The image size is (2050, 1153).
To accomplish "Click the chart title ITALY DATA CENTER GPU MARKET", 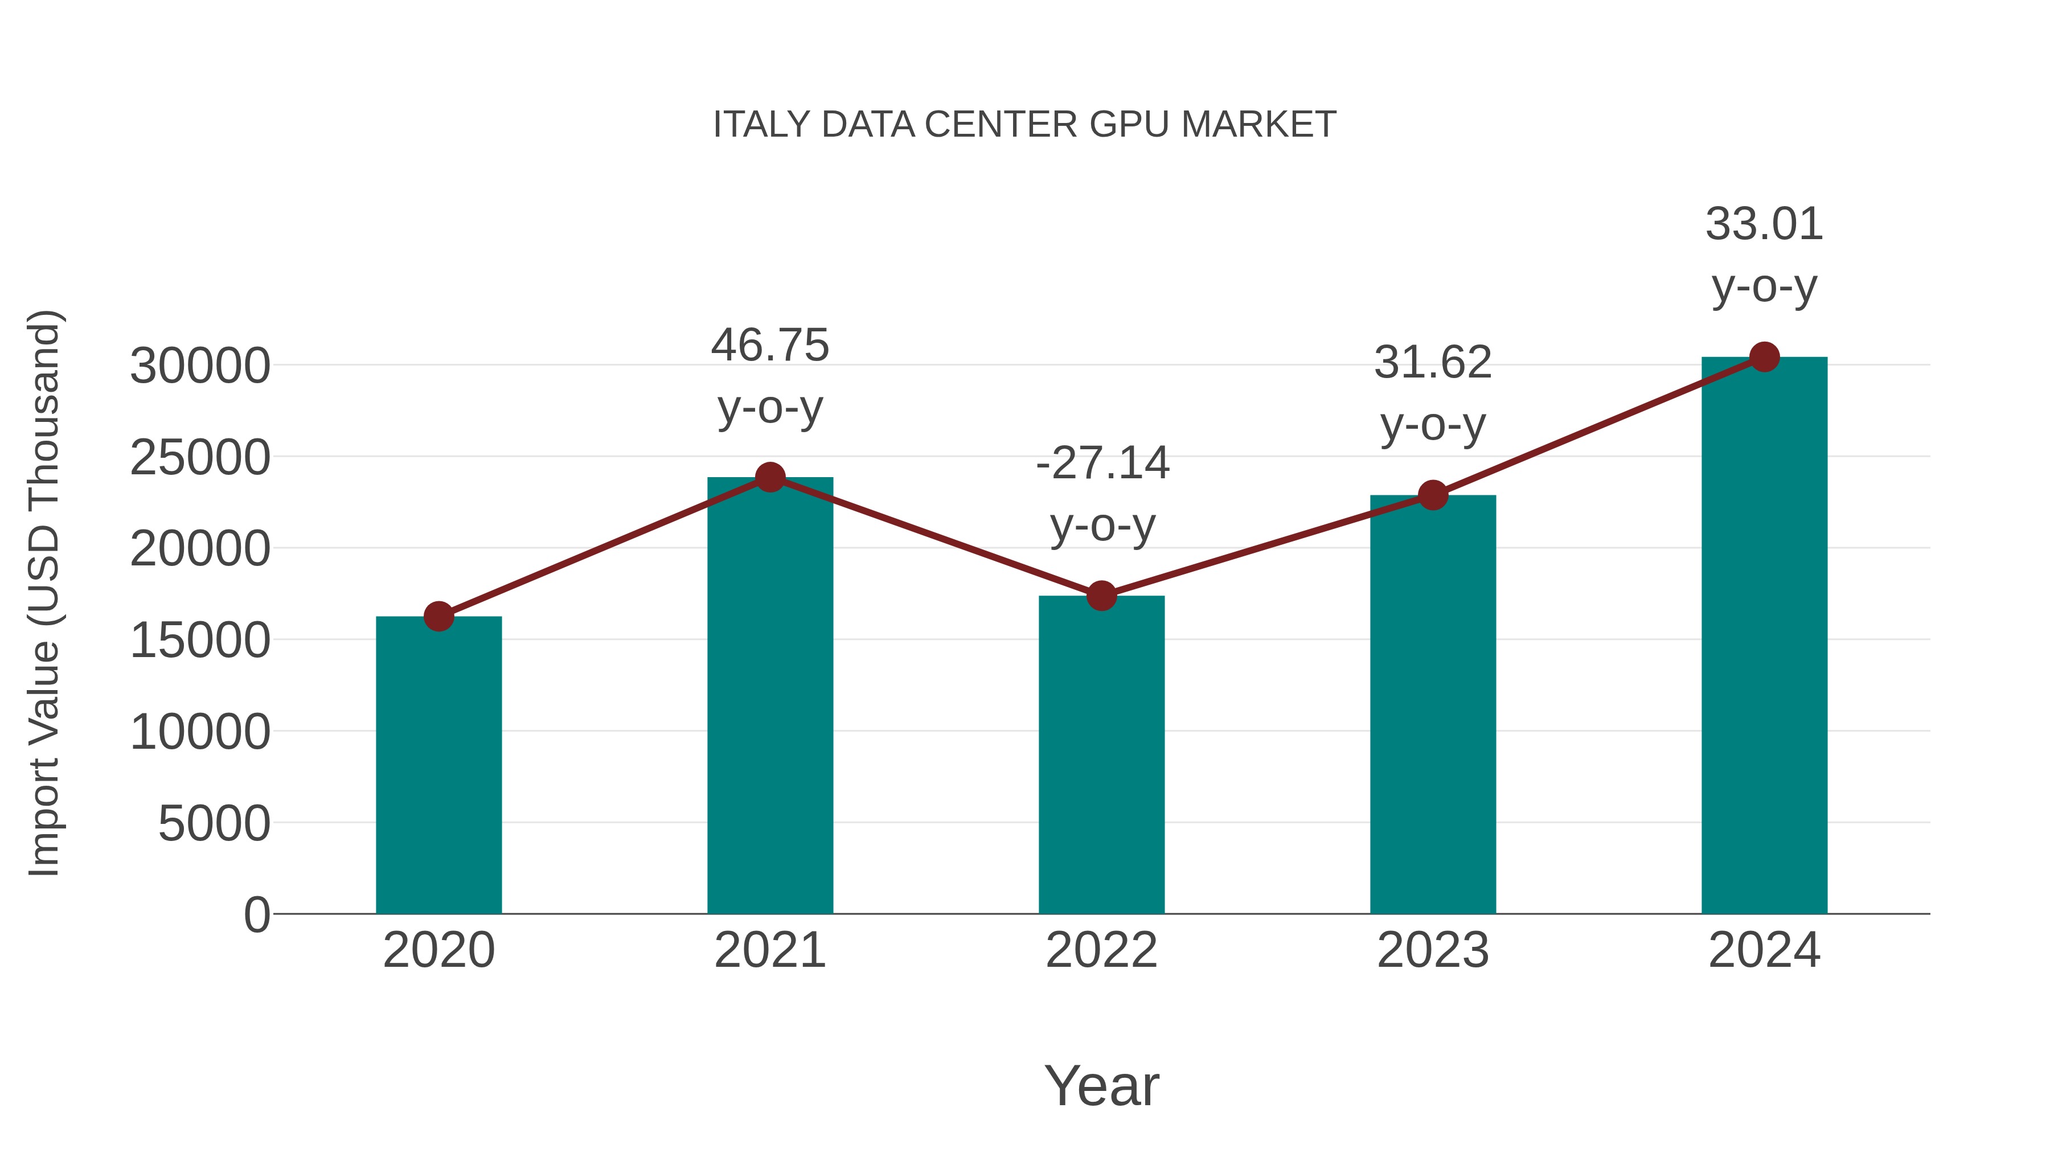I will (x=1024, y=125).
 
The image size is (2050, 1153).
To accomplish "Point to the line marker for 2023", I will (x=1433, y=495).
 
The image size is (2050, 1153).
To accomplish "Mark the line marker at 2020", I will (x=438, y=616).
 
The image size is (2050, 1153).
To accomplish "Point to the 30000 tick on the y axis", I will (x=200, y=366).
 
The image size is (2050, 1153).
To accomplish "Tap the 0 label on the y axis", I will (x=256, y=914).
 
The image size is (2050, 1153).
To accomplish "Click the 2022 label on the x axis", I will (x=1101, y=950).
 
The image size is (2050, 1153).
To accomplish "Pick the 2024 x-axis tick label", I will (x=1764, y=950).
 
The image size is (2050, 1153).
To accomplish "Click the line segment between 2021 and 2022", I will (x=936, y=536).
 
